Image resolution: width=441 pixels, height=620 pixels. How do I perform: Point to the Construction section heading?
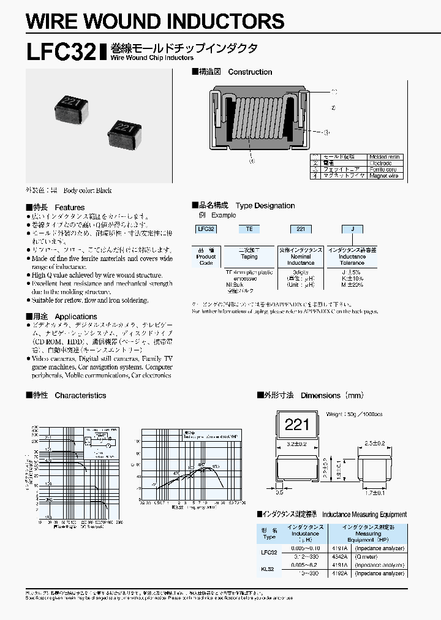pos(250,72)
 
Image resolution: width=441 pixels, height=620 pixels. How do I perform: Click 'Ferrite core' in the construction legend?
pos(383,170)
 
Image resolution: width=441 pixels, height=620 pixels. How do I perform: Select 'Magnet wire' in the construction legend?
pos(384,176)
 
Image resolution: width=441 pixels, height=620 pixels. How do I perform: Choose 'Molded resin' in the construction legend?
pos(384,157)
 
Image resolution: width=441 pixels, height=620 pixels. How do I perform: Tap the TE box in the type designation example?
pos(249,229)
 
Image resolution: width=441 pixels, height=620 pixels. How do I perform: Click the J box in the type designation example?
pos(352,229)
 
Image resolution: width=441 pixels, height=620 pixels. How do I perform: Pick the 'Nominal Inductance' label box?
pos(301,256)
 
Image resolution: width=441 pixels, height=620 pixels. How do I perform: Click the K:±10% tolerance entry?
pos(352,279)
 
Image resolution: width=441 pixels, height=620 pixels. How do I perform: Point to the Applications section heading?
pos(76,316)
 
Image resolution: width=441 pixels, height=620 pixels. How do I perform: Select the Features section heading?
pos(70,207)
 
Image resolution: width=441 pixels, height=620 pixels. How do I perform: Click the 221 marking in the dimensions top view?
pos(298,424)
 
